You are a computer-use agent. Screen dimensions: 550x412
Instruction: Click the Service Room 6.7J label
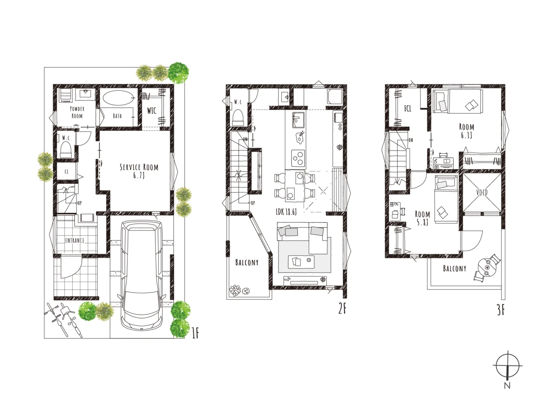[x=139, y=171]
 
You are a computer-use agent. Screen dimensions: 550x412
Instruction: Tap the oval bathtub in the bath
[x=117, y=98]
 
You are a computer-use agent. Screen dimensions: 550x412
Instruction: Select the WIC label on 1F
[x=152, y=111]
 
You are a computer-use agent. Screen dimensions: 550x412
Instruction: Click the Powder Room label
[x=77, y=112]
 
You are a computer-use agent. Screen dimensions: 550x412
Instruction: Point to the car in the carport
[x=141, y=275]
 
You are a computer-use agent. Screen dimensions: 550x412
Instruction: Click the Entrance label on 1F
[x=75, y=241]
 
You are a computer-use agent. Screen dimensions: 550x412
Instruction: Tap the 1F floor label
[x=195, y=333]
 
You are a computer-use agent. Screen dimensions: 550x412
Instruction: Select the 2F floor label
[x=342, y=309]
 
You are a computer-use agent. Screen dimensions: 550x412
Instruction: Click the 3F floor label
[x=500, y=310]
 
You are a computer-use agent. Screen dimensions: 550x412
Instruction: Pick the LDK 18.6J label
[x=286, y=212]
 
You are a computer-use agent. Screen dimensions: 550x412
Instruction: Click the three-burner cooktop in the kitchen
[x=298, y=158]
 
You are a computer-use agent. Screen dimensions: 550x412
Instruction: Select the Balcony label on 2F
[x=247, y=263]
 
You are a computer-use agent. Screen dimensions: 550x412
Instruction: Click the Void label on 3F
[x=482, y=192]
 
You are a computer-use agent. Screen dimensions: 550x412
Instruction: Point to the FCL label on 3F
[x=408, y=109]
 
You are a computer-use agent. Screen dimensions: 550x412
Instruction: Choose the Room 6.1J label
[x=467, y=131]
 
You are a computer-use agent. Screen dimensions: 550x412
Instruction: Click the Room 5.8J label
[x=422, y=218]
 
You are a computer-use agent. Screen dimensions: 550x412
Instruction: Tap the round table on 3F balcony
[x=487, y=267]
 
